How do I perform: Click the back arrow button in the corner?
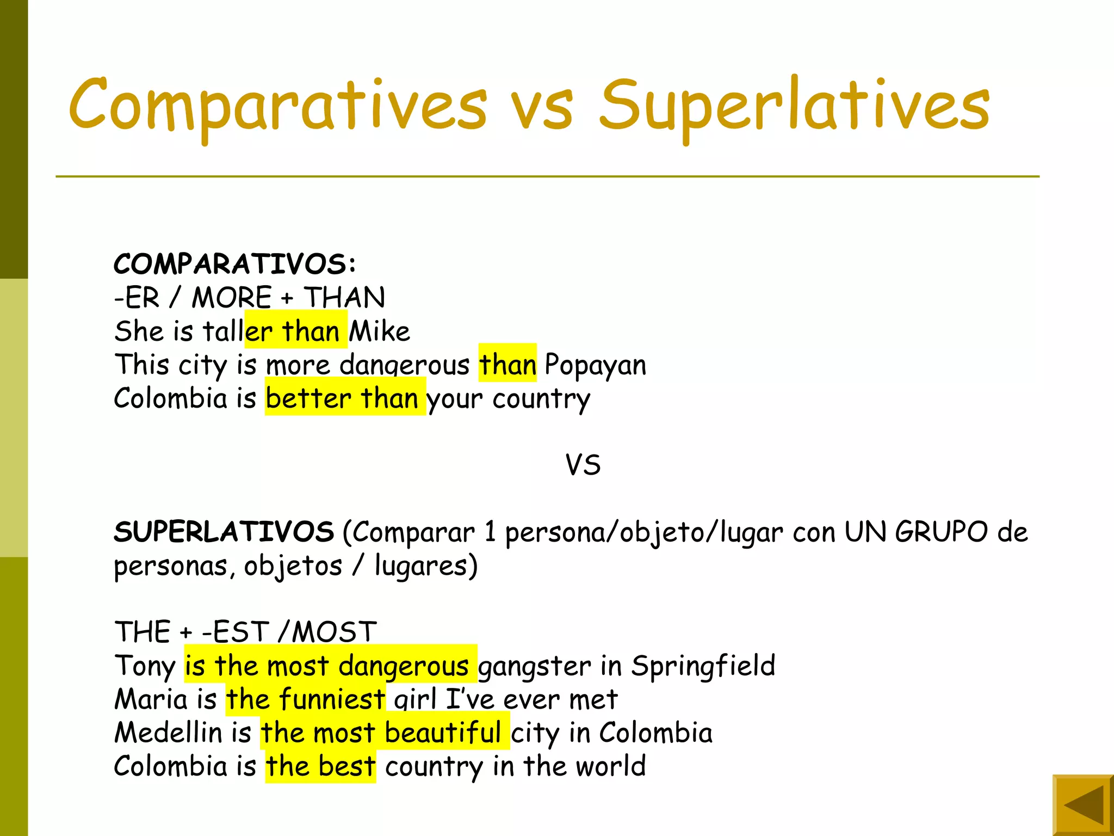[1083, 806]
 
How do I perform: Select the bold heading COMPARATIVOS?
[235, 265]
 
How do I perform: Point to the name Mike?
[379, 331]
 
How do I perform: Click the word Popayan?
[595, 365]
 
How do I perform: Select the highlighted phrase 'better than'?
[345, 398]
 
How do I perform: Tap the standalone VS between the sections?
[583, 465]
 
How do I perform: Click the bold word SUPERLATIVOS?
[224, 532]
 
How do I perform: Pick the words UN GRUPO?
[915, 532]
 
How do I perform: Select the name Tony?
[145, 666]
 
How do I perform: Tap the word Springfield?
[703, 666]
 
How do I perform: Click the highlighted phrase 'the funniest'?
[306, 699]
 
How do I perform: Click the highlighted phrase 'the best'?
[320, 766]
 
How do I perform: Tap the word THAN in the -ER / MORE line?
[344, 298]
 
